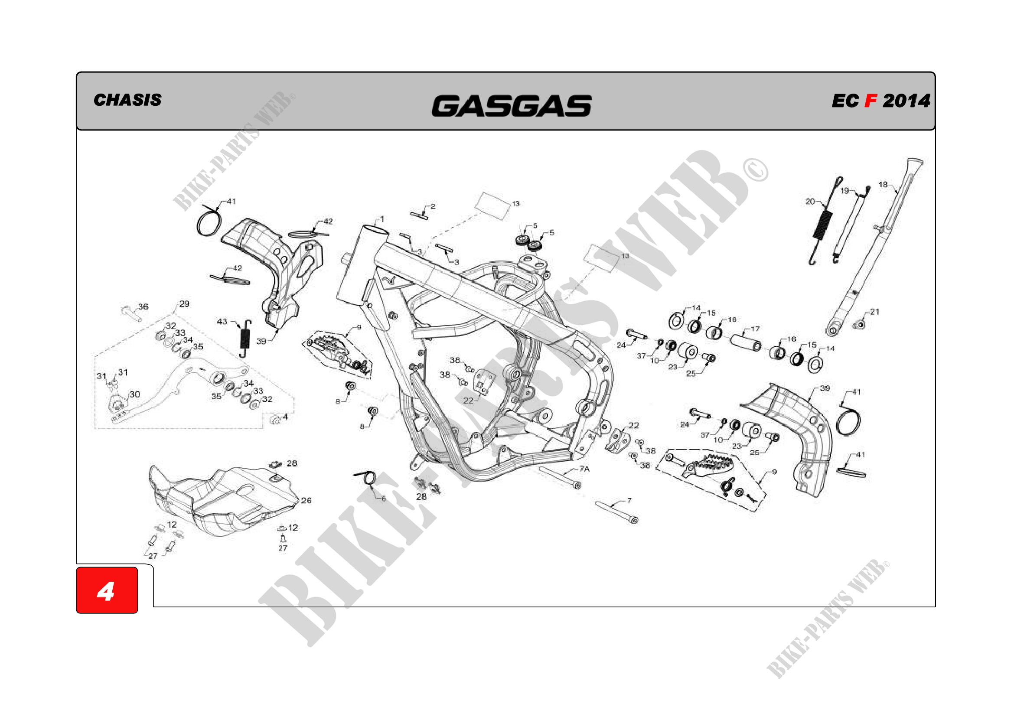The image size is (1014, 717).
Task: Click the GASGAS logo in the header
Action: point(511,106)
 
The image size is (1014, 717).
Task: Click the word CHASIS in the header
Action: point(127,100)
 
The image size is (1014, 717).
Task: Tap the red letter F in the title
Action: point(870,101)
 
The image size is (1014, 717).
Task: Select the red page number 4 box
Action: point(107,590)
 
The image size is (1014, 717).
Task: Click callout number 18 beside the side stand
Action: point(882,185)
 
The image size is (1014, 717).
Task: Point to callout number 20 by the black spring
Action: point(809,201)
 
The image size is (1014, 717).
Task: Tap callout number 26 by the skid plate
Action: point(306,500)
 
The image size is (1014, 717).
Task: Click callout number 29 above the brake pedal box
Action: point(184,304)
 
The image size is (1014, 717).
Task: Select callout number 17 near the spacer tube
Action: point(755,329)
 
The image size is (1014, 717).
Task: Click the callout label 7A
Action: point(584,469)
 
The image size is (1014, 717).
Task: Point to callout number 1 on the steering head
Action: point(381,218)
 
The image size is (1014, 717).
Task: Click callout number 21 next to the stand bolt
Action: point(874,312)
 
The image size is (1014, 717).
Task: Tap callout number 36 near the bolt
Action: point(143,306)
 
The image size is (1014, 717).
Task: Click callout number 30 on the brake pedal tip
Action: point(134,394)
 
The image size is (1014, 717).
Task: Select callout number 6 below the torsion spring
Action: point(383,499)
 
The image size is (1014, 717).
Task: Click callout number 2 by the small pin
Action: point(433,206)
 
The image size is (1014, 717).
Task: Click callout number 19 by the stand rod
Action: point(844,191)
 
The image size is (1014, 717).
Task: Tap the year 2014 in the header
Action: point(906,101)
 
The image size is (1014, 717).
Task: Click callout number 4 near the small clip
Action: point(285,417)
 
